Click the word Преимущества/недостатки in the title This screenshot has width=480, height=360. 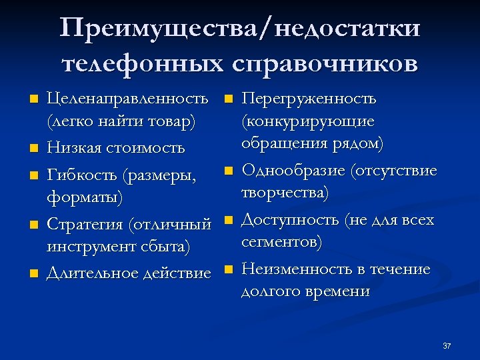(x=240, y=29)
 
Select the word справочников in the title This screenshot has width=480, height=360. (x=325, y=64)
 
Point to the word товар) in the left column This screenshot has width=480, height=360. (x=169, y=123)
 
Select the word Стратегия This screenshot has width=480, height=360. (x=86, y=223)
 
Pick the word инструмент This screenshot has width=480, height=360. (x=90, y=247)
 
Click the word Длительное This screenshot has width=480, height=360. (x=93, y=273)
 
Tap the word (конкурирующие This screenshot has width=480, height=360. (x=307, y=122)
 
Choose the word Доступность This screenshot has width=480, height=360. (x=290, y=219)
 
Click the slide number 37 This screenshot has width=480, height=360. (x=447, y=345)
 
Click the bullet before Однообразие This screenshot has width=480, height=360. (x=227, y=171)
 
